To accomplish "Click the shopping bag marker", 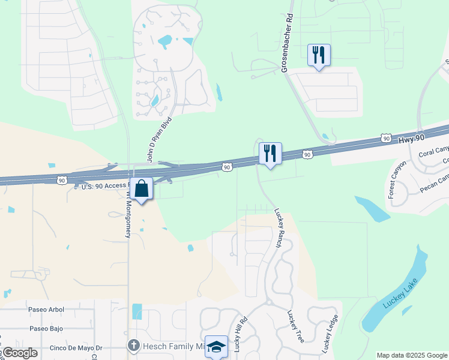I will pos(141,190).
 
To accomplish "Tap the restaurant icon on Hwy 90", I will pos(270,154).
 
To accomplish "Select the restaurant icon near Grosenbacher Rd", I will pos(319,55).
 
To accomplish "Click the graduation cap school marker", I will pos(216,347).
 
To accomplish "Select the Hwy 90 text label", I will pos(411,138).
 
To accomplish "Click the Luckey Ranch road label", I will pos(279,229).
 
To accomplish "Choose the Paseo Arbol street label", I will pos(46,310).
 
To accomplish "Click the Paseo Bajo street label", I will pos(46,329).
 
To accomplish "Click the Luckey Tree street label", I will pos(297,326).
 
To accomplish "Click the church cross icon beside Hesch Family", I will pos(133,346).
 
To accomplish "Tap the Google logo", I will pos(20,353).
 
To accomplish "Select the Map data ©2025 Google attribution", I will pos(412,355).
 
